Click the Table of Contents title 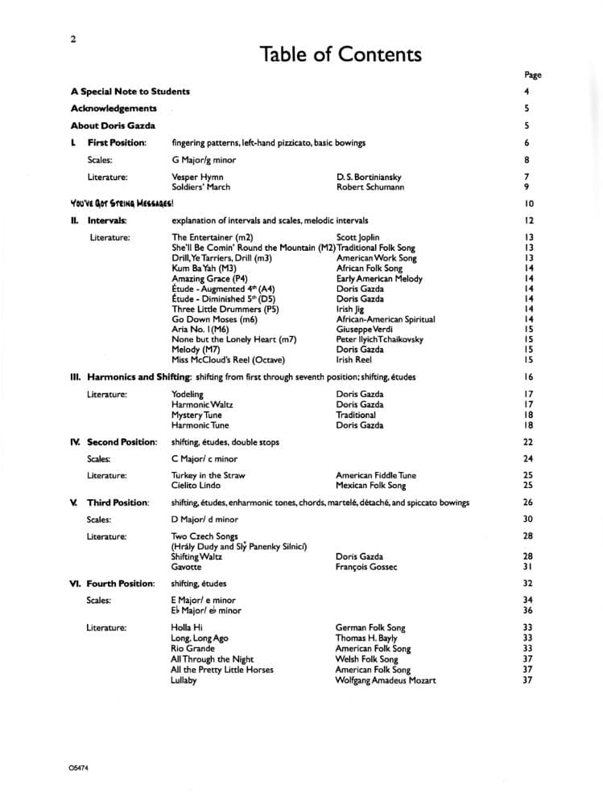(341, 55)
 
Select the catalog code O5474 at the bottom (79, 768)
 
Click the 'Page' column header (532, 75)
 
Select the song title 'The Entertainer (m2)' (213, 237)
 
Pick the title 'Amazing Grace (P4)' (209, 279)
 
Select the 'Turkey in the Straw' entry (208, 475)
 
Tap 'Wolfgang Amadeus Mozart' (386, 680)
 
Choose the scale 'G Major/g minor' (204, 159)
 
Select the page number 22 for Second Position (528, 442)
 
